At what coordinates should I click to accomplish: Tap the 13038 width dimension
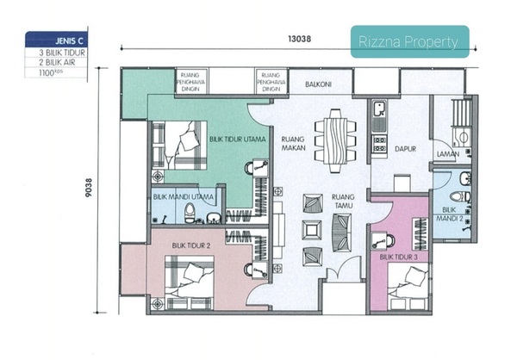coord(299,39)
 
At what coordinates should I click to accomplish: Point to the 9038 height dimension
coord(89,188)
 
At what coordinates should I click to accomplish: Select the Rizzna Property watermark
coord(409,41)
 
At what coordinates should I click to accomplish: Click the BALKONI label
coord(318,84)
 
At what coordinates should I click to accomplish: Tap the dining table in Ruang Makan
coord(335,140)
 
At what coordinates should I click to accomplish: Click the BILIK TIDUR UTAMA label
coord(238,140)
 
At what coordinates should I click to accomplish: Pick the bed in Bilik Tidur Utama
coord(179,146)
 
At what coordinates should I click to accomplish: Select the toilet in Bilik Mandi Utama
coord(190,213)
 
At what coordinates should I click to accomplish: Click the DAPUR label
coord(405,149)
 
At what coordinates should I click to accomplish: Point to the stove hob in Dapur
coord(379,144)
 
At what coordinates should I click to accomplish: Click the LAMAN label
coord(448,154)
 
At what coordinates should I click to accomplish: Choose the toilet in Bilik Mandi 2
coord(460,197)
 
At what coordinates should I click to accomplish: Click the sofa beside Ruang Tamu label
coord(341,233)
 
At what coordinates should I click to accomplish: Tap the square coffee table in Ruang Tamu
coord(312,230)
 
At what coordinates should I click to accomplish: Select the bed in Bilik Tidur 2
coord(190,282)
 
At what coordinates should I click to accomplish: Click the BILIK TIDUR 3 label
coord(398,258)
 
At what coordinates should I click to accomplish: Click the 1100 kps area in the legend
coord(51,72)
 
